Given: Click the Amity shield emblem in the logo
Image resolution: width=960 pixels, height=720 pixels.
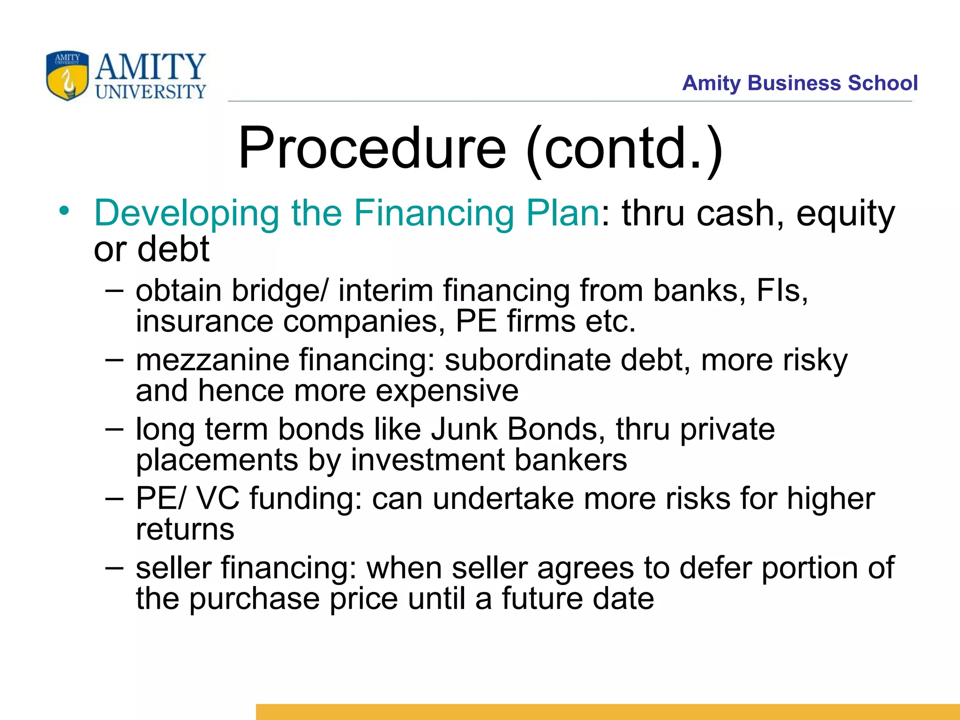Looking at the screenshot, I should click(x=67, y=76).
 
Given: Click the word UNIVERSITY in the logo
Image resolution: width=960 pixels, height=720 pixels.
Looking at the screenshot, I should click(x=150, y=92).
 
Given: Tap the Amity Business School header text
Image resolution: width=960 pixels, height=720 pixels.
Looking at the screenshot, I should click(x=800, y=83).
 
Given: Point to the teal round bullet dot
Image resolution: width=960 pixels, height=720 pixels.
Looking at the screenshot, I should click(x=64, y=210).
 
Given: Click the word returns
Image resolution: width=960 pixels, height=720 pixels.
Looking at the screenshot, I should click(x=185, y=529).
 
